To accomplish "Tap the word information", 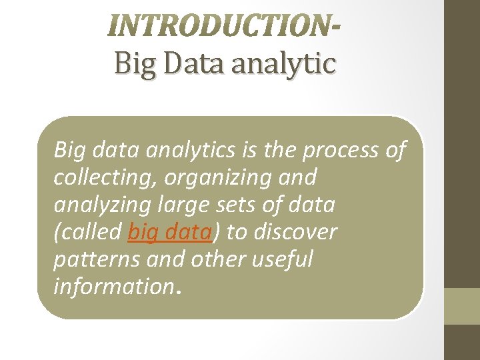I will pos(111,287).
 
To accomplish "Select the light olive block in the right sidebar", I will pos(462,306).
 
